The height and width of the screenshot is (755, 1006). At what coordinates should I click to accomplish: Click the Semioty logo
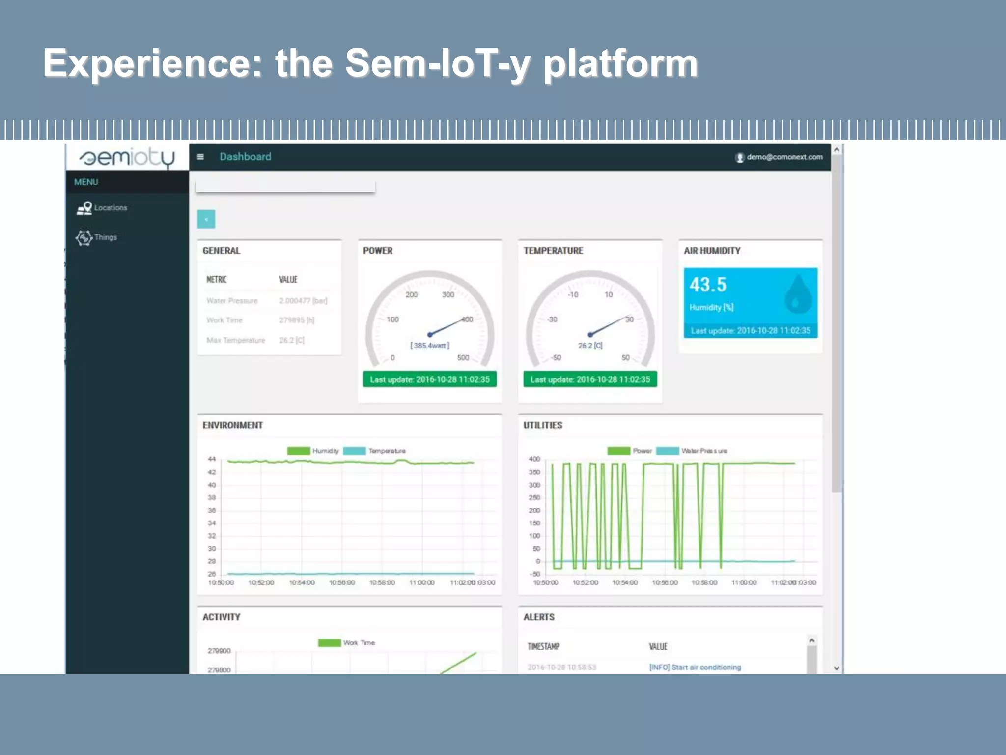[x=127, y=158]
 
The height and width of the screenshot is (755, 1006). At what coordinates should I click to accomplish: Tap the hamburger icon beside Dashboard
[x=200, y=157]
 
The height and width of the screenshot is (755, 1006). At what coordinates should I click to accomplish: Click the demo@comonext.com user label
[x=784, y=157]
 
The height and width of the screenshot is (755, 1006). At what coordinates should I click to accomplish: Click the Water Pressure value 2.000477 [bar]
[x=303, y=301]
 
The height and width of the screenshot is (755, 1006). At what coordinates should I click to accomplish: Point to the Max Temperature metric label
[x=235, y=340]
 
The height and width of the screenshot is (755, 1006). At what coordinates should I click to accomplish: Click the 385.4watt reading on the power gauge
[x=430, y=346]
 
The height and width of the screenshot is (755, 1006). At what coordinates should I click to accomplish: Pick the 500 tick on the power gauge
[x=463, y=358]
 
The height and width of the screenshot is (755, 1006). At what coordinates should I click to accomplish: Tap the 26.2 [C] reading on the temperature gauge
[x=590, y=346]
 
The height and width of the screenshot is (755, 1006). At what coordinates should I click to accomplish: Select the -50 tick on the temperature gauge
[x=556, y=358]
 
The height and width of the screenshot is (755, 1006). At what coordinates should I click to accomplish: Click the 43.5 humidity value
[x=707, y=285]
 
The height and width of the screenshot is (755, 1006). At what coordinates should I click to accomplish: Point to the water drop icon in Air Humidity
[x=798, y=294]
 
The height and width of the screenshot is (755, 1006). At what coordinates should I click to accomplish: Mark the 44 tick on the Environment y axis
[x=212, y=459]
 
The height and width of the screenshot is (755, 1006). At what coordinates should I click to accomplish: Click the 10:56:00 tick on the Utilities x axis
[x=665, y=582]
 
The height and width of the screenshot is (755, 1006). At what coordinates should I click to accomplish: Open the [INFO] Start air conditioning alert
[x=695, y=667]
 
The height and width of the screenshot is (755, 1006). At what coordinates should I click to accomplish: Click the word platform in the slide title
[x=620, y=64]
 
